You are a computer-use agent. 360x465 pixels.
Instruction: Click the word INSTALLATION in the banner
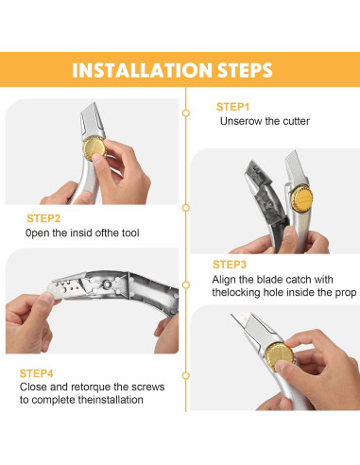coord(142,70)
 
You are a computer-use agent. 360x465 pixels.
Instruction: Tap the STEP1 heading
coord(232,107)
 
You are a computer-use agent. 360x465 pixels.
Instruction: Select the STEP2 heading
coord(43,218)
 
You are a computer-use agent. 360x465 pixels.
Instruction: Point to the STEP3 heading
coord(230,265)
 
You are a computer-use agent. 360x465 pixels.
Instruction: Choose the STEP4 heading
coord(36,373)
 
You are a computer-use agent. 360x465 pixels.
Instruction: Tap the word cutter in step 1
coord(296,121)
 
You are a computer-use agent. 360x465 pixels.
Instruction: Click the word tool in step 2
coord(130,233)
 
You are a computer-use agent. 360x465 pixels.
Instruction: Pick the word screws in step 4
coord(148,387)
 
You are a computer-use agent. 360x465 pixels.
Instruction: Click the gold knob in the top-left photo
coord(94,147)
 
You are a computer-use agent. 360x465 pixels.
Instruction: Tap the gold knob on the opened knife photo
coord(301,198)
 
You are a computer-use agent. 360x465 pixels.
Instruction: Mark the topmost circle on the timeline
coord(186,112)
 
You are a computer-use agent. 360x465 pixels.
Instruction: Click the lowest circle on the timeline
coord(186,375)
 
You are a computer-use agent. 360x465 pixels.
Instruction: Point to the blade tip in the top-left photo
coord(94,103)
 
